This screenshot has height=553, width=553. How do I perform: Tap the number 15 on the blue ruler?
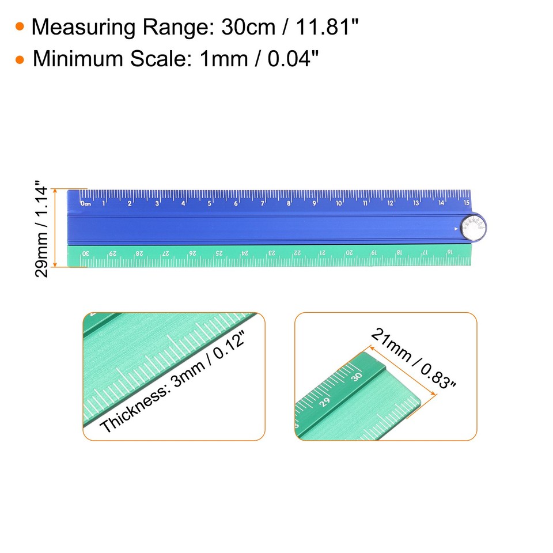click(x=467, y=203)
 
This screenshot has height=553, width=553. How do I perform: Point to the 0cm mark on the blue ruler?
click(x=85, y=203)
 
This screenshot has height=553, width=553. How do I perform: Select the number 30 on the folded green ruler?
click(x=86, y=253)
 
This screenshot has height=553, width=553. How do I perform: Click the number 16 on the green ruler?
click(x=450, y=253)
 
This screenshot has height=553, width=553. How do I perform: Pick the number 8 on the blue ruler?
click(x=289, y=203)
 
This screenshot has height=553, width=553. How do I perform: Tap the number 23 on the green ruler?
click(x=271, y=253)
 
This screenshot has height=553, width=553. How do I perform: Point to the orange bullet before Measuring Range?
click(x=20, y=27)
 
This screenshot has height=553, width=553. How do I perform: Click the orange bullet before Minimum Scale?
click(x=20, y=59)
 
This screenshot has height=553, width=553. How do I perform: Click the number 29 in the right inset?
click(x=325, y=402)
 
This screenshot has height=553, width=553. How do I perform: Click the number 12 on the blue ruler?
click(x=390, y=203)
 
